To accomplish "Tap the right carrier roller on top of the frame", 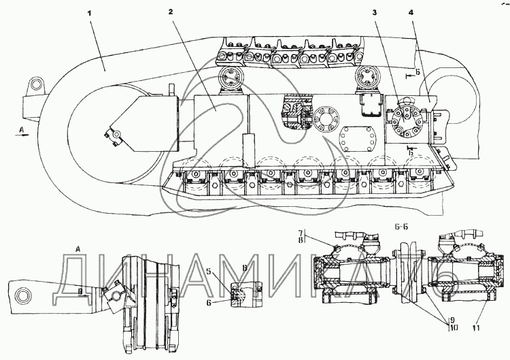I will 367,79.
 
